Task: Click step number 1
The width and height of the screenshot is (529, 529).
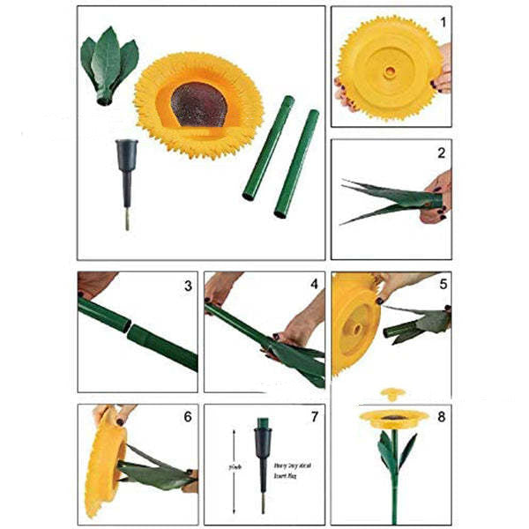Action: point(443,19)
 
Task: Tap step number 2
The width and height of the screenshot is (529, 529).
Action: point(442,153)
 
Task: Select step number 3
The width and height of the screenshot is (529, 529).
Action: point(188,285)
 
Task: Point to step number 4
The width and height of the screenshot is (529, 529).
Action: point(313,285)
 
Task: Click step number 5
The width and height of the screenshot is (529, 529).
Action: point(442,285)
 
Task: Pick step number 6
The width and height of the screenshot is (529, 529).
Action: point(187,416)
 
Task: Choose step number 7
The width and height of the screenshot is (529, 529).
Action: point(313,416)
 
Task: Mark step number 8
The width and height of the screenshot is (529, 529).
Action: point(442,416)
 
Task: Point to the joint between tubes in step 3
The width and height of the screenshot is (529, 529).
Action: point(128,328)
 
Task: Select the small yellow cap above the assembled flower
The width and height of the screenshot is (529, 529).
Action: point(391,394)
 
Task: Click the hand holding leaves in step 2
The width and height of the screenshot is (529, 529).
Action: point(438,195)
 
